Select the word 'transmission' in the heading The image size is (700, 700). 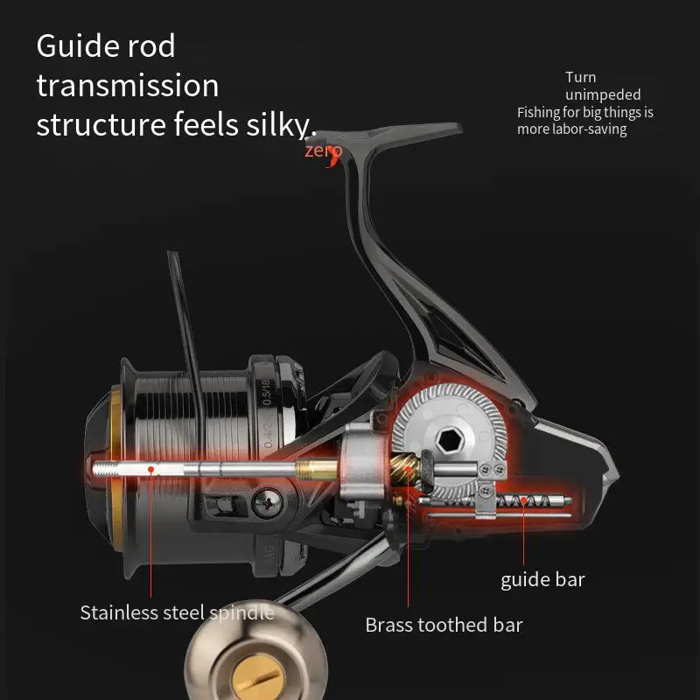(x=128, y=86)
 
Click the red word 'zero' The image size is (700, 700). (x=323, y=150)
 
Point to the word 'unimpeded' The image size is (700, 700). (x=603, y=94)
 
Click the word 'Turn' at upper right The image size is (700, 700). (x=581, y=77)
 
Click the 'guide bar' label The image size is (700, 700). (x=542, y=579)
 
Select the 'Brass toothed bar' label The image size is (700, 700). (x=444, y=625)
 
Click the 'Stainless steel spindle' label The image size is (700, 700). (x=177, y=612)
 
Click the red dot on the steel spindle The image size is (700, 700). (x=151, y=469)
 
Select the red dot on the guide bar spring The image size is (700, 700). (x=523, y=501)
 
